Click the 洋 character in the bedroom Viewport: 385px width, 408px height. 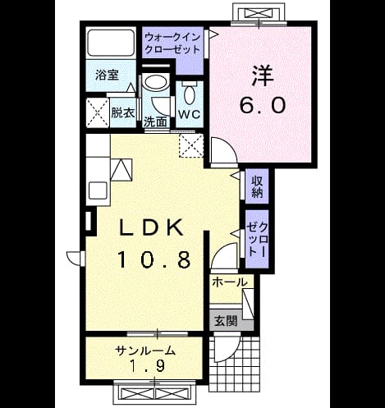[263, 76]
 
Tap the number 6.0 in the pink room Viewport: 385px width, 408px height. [263, 106]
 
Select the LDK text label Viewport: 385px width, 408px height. [151, 227]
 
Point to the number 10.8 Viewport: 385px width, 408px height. [154, 259]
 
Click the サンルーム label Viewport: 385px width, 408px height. [145, 351]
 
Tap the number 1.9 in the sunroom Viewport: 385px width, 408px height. [147, 366]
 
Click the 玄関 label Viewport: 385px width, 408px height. [226, 321]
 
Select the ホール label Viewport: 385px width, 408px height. [230, 282]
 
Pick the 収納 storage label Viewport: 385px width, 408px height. [257, 186]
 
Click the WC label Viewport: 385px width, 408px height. [190, 114]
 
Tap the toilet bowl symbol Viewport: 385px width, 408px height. [190, 93]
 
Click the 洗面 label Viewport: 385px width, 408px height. [155, 122]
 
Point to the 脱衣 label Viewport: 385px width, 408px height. [123, 112]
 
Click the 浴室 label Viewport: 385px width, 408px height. [107, 75]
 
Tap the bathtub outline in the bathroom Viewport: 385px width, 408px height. [111, 43]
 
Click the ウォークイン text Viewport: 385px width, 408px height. [172, 37]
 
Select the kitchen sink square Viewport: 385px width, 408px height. [98, 190]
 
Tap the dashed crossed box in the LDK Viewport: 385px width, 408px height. [191, 146]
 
